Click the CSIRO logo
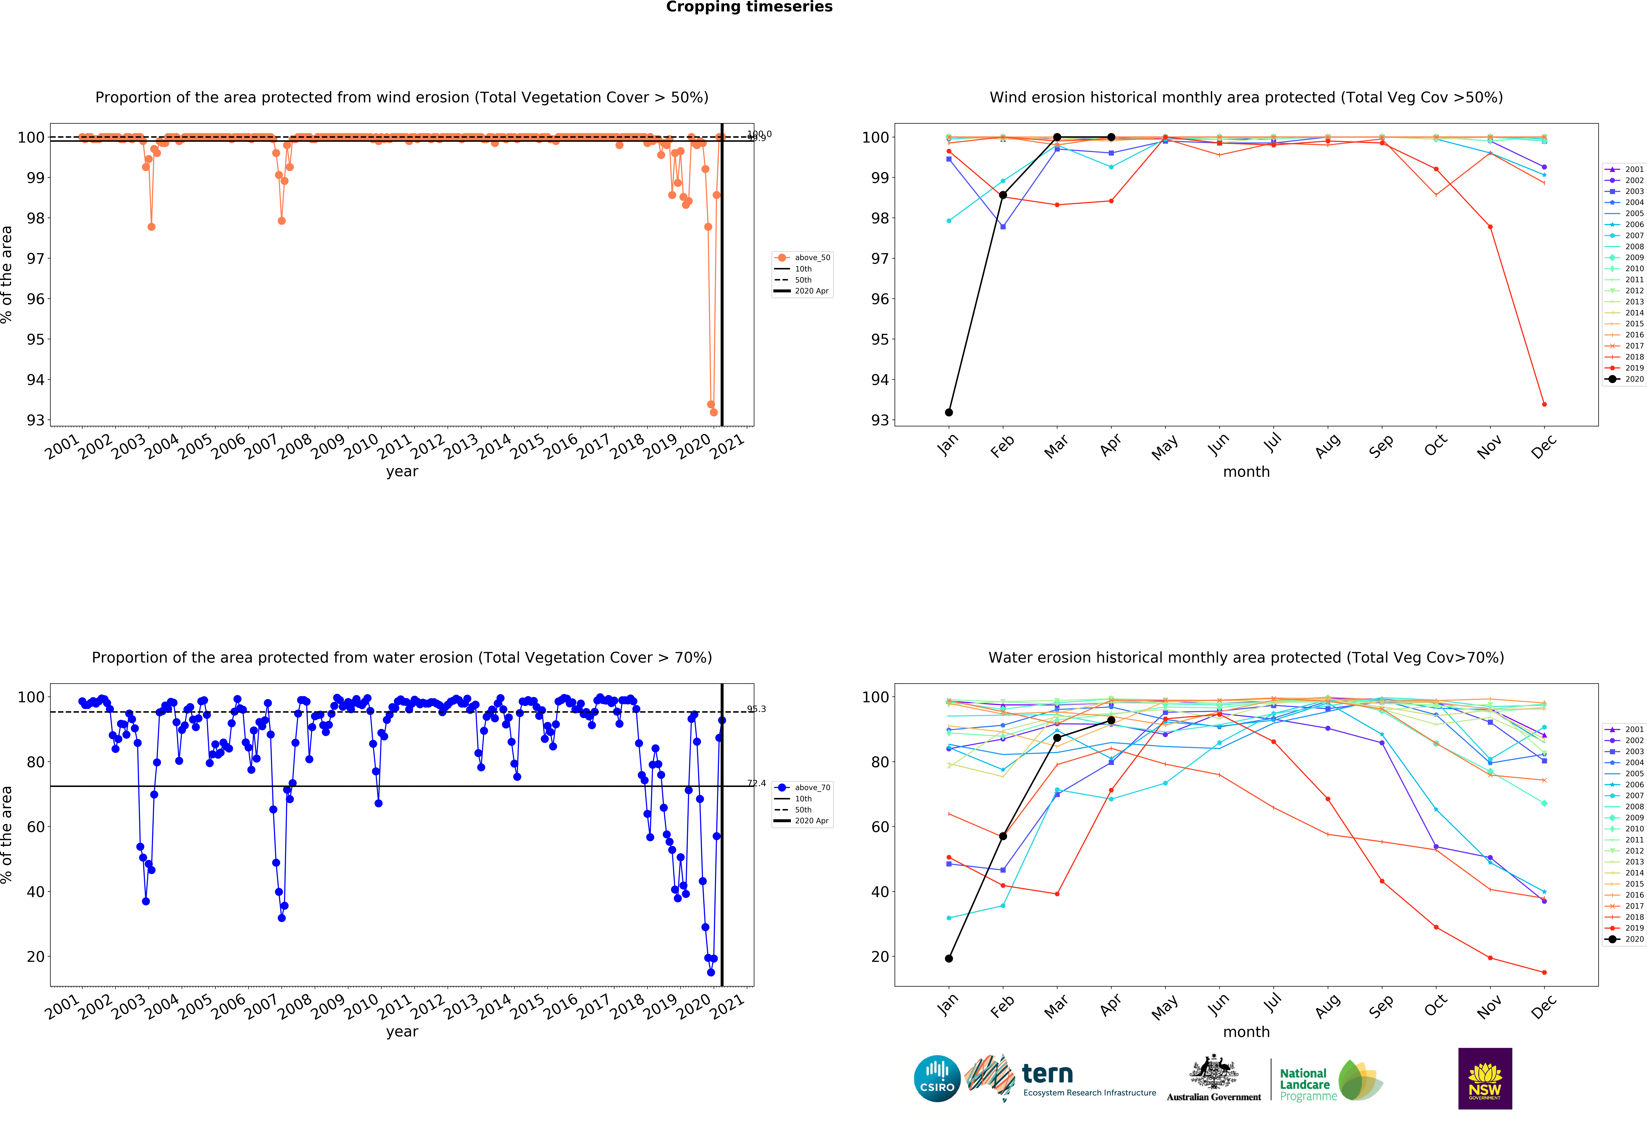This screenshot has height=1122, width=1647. click(x=937, y=1079)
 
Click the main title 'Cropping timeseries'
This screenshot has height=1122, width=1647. click(x=749, y=7)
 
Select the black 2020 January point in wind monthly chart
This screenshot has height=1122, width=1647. click(x=949, y=412)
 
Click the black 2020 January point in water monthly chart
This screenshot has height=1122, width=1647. click(x=949, y=958)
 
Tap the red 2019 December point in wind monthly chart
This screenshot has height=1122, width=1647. click(x=1544, y=404)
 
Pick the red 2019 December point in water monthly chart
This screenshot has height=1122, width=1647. click(x=1544, y=973)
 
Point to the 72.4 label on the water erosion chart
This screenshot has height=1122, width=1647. click(x=756, y=783)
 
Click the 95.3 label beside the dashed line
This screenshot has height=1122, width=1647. click(x=756, y=709)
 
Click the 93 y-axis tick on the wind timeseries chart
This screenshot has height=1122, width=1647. click(x=35, y=420)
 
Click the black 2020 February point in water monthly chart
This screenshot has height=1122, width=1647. click(x=1003, y=837)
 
